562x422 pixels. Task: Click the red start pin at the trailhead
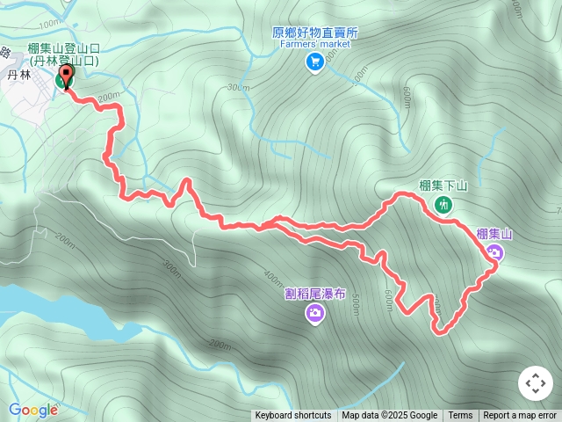point(67,77)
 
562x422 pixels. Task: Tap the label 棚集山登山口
point(63,48)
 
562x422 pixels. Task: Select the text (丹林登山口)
point(63,61)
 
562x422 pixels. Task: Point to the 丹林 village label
point(18,76)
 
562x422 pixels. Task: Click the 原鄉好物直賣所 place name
point(315,33)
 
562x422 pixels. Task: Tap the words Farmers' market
point(315,44)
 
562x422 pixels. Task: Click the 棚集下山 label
point(443,186)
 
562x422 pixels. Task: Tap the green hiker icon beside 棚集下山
point(443,205)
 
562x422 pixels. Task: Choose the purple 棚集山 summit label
point(494,233)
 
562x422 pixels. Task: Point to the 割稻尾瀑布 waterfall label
point(315,294)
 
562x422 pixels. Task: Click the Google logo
point(33,410)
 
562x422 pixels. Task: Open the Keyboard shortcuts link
point(293,416)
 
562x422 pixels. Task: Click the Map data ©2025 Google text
point(389,416)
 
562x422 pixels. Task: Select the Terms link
point(460,416)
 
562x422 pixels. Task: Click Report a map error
point(520,416)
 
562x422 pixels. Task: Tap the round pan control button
point(535,383)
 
